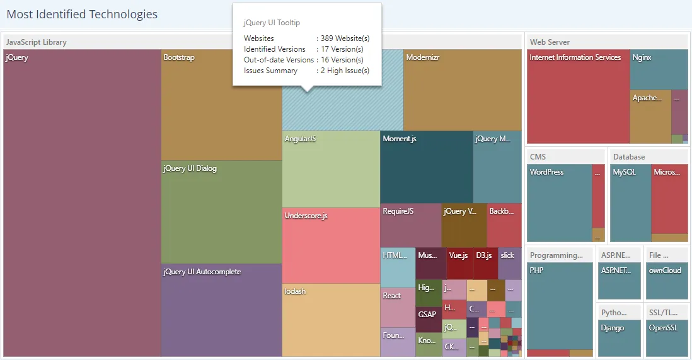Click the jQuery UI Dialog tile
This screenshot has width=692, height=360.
[x=221, y=212]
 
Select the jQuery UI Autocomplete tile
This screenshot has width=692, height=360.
[x=221, y=310]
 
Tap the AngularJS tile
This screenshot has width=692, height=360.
[x=331, y=169]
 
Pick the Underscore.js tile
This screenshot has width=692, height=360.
[x=331, y=245]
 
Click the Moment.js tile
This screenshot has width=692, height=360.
[x=427, y=167]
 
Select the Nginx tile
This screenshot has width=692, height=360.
[x=659, y=69]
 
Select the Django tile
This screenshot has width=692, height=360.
[x=619, y=337]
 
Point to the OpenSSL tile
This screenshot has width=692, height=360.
[x=667, y=337]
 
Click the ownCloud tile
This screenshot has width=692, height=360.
[x=667, y=281]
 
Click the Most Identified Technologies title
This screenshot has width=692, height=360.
[x=82, y=15]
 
